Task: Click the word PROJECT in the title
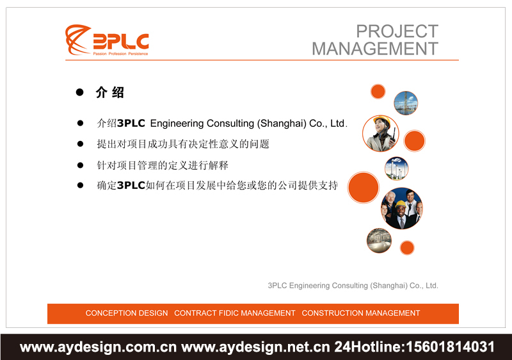(397, 31)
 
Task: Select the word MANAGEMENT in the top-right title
(375, 49)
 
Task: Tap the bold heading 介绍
(109, 92)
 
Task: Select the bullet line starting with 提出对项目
(182, 144)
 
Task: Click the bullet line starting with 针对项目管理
(162, 165)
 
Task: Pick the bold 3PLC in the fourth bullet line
(131, 186)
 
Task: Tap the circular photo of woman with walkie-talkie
(380, 133)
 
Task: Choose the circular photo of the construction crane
(406, 102)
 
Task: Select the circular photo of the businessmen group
(401, 208)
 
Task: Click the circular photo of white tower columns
(396, 168)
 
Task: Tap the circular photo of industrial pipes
(379, 241)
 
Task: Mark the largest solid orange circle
(364, 187)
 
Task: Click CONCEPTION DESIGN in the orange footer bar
(127, 313)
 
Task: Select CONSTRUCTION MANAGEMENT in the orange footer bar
(361, 313)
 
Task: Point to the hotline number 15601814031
(448, 347)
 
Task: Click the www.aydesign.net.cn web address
(256, 347)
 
